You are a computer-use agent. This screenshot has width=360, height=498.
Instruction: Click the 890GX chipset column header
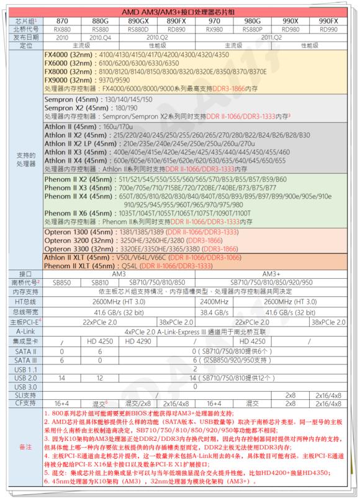tap(138, 20)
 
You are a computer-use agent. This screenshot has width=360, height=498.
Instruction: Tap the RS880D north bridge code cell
tap(138, 29)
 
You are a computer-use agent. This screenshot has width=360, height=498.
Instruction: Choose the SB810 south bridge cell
tap(100, 282)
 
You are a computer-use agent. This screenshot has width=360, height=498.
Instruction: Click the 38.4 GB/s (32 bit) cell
tap(215, 312)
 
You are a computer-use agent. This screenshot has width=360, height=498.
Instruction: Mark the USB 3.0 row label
tap(24, 386)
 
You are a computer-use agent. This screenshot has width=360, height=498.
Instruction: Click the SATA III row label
tap(24, 360)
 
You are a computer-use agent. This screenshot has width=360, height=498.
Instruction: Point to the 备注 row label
tap(24, 448)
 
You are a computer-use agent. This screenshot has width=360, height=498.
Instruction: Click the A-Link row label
tap(24, 332)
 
